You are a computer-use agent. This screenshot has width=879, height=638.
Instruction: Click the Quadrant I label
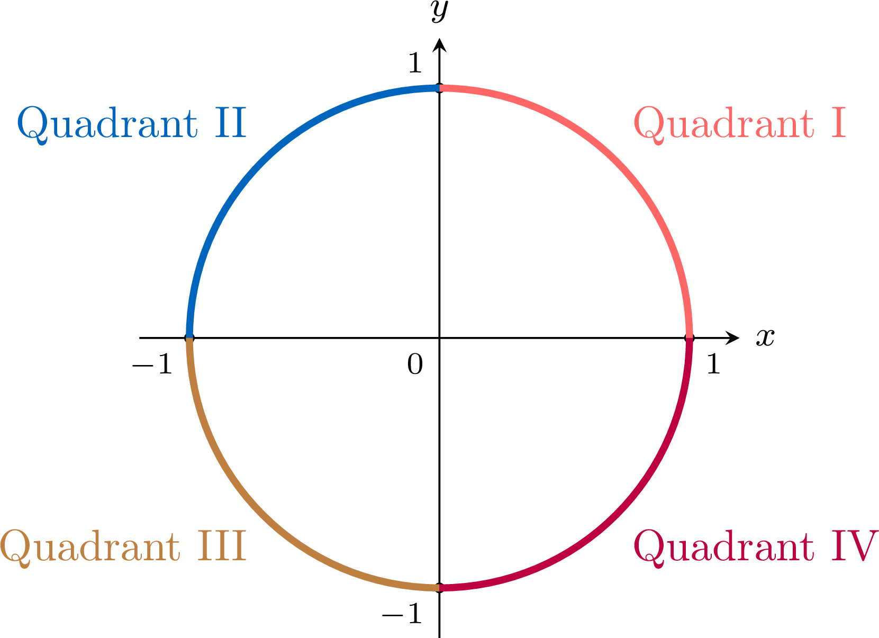pyautogui.click(x=739, y=125)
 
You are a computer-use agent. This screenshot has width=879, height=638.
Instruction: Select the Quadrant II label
pyautogui.click(x=132, y=125)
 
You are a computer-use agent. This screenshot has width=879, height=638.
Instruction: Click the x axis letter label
pyautogui.click(x=765, y=338)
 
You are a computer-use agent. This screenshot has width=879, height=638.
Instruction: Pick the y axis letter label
pyautogui.click(x=439, y=11)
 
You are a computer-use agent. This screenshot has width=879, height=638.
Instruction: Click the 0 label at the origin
pyautogui.click(x=415, y=364)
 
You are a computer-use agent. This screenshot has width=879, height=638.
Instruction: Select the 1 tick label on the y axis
pyautogui.click(x=415, y=63)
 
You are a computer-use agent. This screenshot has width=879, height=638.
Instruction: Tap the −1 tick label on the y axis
pyautogui.click(x=402, y=613)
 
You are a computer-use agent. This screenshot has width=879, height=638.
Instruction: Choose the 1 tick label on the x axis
pyautogui.click(x=713, y=364)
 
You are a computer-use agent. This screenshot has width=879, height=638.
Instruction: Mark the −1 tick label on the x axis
pyautogui.click(x=152, y=364)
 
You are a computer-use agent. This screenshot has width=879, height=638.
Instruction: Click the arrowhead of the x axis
pyautogui.click(x=732, y=338)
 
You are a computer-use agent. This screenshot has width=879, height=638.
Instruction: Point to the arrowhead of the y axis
pyautogui.click(x=439, y=45)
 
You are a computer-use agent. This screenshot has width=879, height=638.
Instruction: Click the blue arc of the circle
pyautogui.click(x=262, y=160)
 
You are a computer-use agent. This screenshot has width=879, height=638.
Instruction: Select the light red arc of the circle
pyautogui.click(x=617, y=160)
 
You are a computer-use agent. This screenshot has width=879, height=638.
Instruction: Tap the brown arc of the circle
pyautogui.click(x=262, y=515)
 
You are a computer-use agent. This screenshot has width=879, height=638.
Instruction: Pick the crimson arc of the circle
pyautogui.click(x=617, y=515)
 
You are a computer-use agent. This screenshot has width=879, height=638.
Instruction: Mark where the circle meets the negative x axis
pyautogui.click(x=189, y=338)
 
